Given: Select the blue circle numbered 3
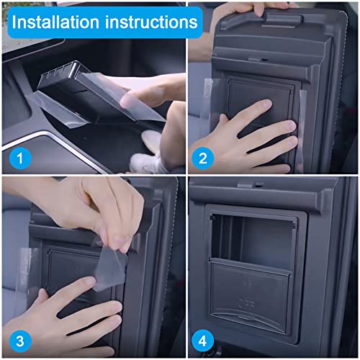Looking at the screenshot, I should pyautogui.click(x=20, y=338).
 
